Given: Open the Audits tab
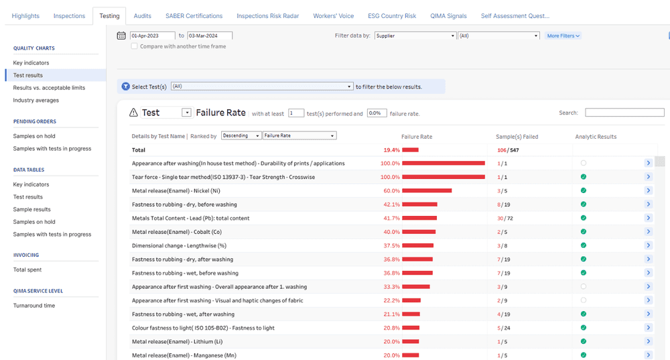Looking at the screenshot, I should click(x=142, y=15).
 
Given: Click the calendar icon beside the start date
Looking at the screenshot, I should click(x=121, y=36).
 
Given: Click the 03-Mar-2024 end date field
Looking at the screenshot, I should click(x=209, y=36).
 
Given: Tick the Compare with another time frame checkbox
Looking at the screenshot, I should click(x=135, y=46).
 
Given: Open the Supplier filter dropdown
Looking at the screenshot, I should click(x=415, y=36).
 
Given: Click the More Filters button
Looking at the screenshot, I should click(x=563, y=36).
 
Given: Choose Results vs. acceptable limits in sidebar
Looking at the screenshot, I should click(x=49, y=88).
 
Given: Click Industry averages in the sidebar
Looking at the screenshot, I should click(x=36, y=101).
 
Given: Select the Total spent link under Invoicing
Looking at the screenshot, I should click(x=27, y=269).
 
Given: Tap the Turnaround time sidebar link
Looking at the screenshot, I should click(x=34, y=306).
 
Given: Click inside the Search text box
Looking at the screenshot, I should click(x=624, y=113).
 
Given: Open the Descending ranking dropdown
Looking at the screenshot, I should click(x=241, y=135).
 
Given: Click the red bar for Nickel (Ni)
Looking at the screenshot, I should click(x=427, y=190).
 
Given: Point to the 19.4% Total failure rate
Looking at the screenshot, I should click(x=391, y=150).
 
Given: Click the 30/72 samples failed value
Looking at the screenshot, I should click(x=503, y=218).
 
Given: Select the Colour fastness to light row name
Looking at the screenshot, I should click(x=203, y=328).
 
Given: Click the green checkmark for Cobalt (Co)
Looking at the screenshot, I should click(x=584, y=232).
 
